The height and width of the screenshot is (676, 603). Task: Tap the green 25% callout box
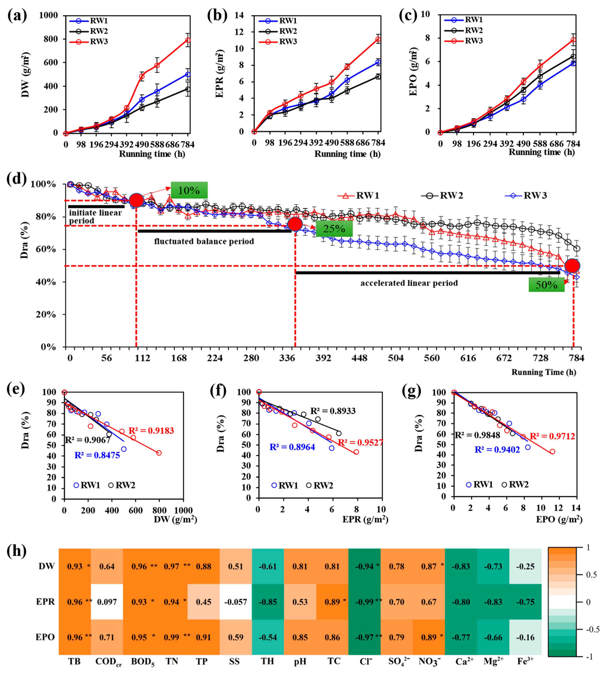(334, 229)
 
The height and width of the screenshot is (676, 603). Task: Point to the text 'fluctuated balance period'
(204, 241)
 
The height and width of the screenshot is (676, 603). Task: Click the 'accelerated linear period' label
(409, 283)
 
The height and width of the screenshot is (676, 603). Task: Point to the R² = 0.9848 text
(477, 435)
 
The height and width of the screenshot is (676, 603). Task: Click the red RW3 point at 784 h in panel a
(188, 40)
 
